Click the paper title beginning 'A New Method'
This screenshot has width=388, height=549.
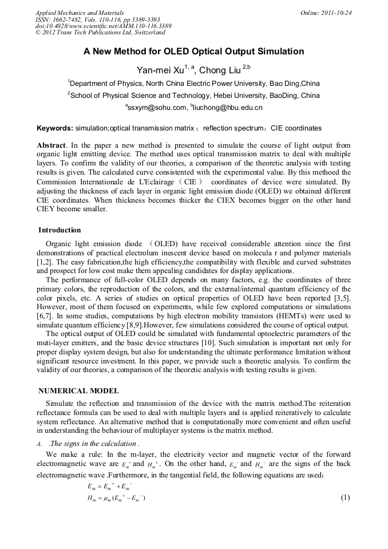pyautogui.click(x=193, y=52)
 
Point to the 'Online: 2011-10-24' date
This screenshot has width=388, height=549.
pyautogui.click(x=326, y=13)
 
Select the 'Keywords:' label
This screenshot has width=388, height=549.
pyautogui.click(x=55, y=128)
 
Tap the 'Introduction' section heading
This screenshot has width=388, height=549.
pyautogui.click(x=60, y=230)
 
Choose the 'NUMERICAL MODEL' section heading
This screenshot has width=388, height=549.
pyautogui.click(x=78, y=391)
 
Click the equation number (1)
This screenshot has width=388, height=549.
pyautogui.click(x=345, y=497)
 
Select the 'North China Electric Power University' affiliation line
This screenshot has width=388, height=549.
pyautogui.click(x=194, y=83)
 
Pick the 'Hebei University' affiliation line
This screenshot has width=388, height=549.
pyautogui.click(x=194, y=95)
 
